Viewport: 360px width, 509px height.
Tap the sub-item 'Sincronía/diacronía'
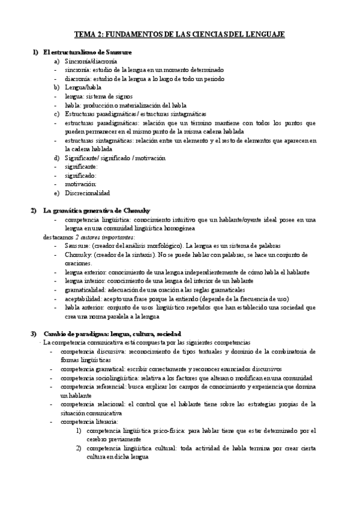point(91,61)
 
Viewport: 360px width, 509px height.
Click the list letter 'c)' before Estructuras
point(56,113)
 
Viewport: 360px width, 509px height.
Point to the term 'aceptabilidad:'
point(86,298)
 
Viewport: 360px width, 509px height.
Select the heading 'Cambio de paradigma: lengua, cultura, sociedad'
point(113,333)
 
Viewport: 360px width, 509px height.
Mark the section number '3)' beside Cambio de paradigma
point(34,333)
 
